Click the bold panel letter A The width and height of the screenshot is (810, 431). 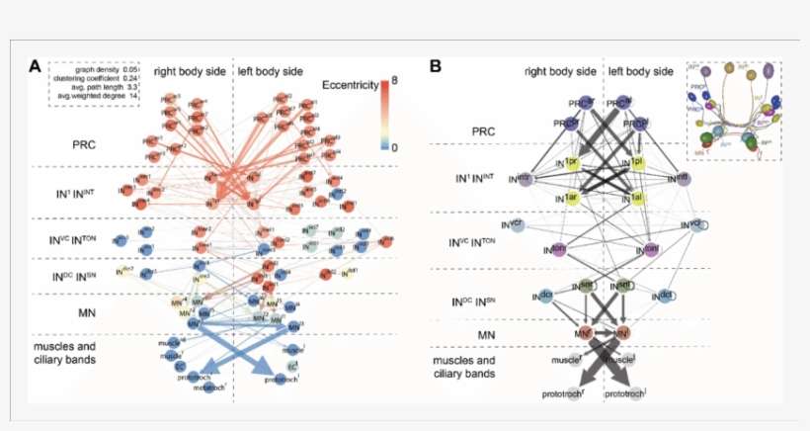(35, 67)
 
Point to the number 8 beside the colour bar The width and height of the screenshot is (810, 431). (394, 84)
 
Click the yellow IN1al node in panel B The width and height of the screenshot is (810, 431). (636, 198)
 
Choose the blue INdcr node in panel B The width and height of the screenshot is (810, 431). (541, 295)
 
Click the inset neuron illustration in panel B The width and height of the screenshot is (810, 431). (734, 109)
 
